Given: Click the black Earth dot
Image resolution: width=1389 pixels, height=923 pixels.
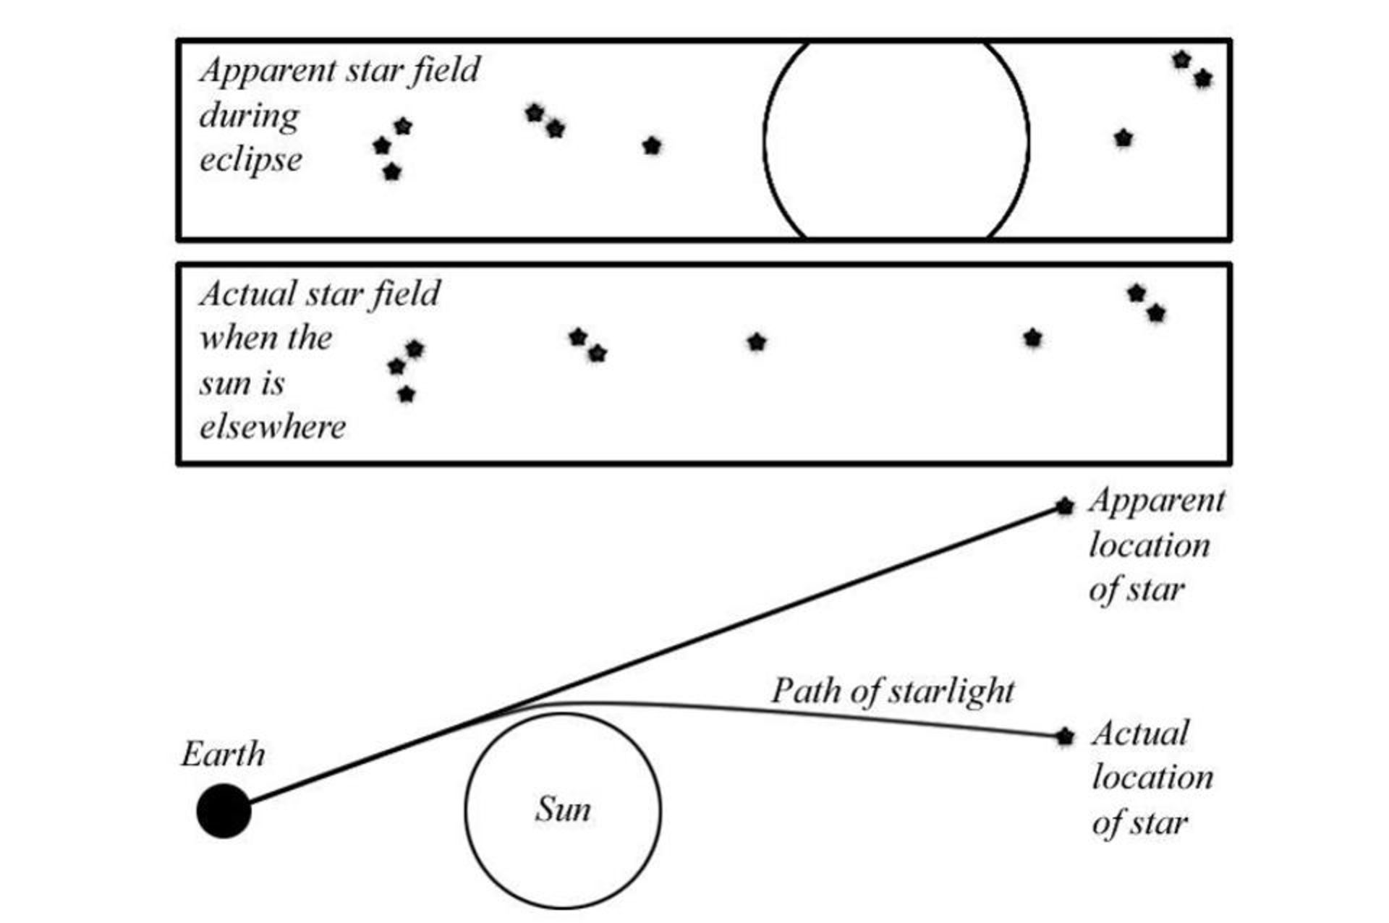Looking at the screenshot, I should (224, 810).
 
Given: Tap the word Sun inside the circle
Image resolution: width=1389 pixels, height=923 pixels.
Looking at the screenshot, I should (563, 809).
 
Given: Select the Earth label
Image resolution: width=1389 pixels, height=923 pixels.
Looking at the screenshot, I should (223, 754).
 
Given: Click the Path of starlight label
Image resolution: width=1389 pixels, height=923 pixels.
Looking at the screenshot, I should (893, 692).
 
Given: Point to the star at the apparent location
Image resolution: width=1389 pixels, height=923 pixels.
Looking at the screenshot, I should (1064, 506).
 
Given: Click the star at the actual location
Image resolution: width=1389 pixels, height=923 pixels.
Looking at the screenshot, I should (1064, 737).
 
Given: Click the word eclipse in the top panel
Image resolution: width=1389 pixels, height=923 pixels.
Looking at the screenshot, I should (250, 160).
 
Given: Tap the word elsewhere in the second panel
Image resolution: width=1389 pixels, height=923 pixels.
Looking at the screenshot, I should (273, 428).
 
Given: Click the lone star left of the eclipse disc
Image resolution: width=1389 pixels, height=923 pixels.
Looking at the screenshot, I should (652, 146).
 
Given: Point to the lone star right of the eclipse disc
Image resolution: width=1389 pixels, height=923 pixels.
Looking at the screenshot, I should (1123, 137).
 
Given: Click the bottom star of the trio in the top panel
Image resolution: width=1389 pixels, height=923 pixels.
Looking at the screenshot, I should (391, 172).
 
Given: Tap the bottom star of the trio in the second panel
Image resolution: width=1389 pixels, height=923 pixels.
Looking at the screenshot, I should (406, 394).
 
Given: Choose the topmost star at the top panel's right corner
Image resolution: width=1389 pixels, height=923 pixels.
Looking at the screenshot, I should (1181, 60).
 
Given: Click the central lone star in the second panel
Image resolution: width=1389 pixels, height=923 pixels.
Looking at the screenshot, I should (756, 341).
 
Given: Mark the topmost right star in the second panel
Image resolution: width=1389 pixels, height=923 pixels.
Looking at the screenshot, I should (1137, 293).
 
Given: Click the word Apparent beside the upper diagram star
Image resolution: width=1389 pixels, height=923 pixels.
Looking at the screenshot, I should (1156, 501).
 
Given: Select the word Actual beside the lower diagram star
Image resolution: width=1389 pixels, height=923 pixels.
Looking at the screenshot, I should (1140, 733).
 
